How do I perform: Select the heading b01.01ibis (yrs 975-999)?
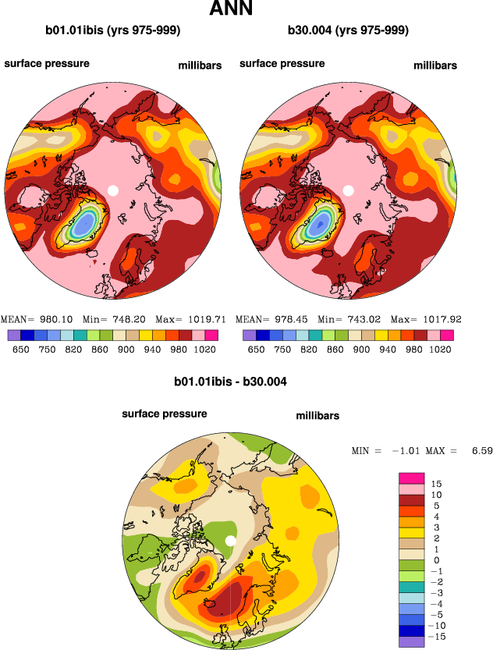click(112, 30)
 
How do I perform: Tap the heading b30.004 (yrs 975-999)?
click(348, 30)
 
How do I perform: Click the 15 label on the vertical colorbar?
click(437, 484)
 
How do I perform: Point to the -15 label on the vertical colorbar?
click(439, 637)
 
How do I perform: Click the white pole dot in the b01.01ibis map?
click(112, 190)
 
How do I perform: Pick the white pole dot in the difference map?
click(230, 542)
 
